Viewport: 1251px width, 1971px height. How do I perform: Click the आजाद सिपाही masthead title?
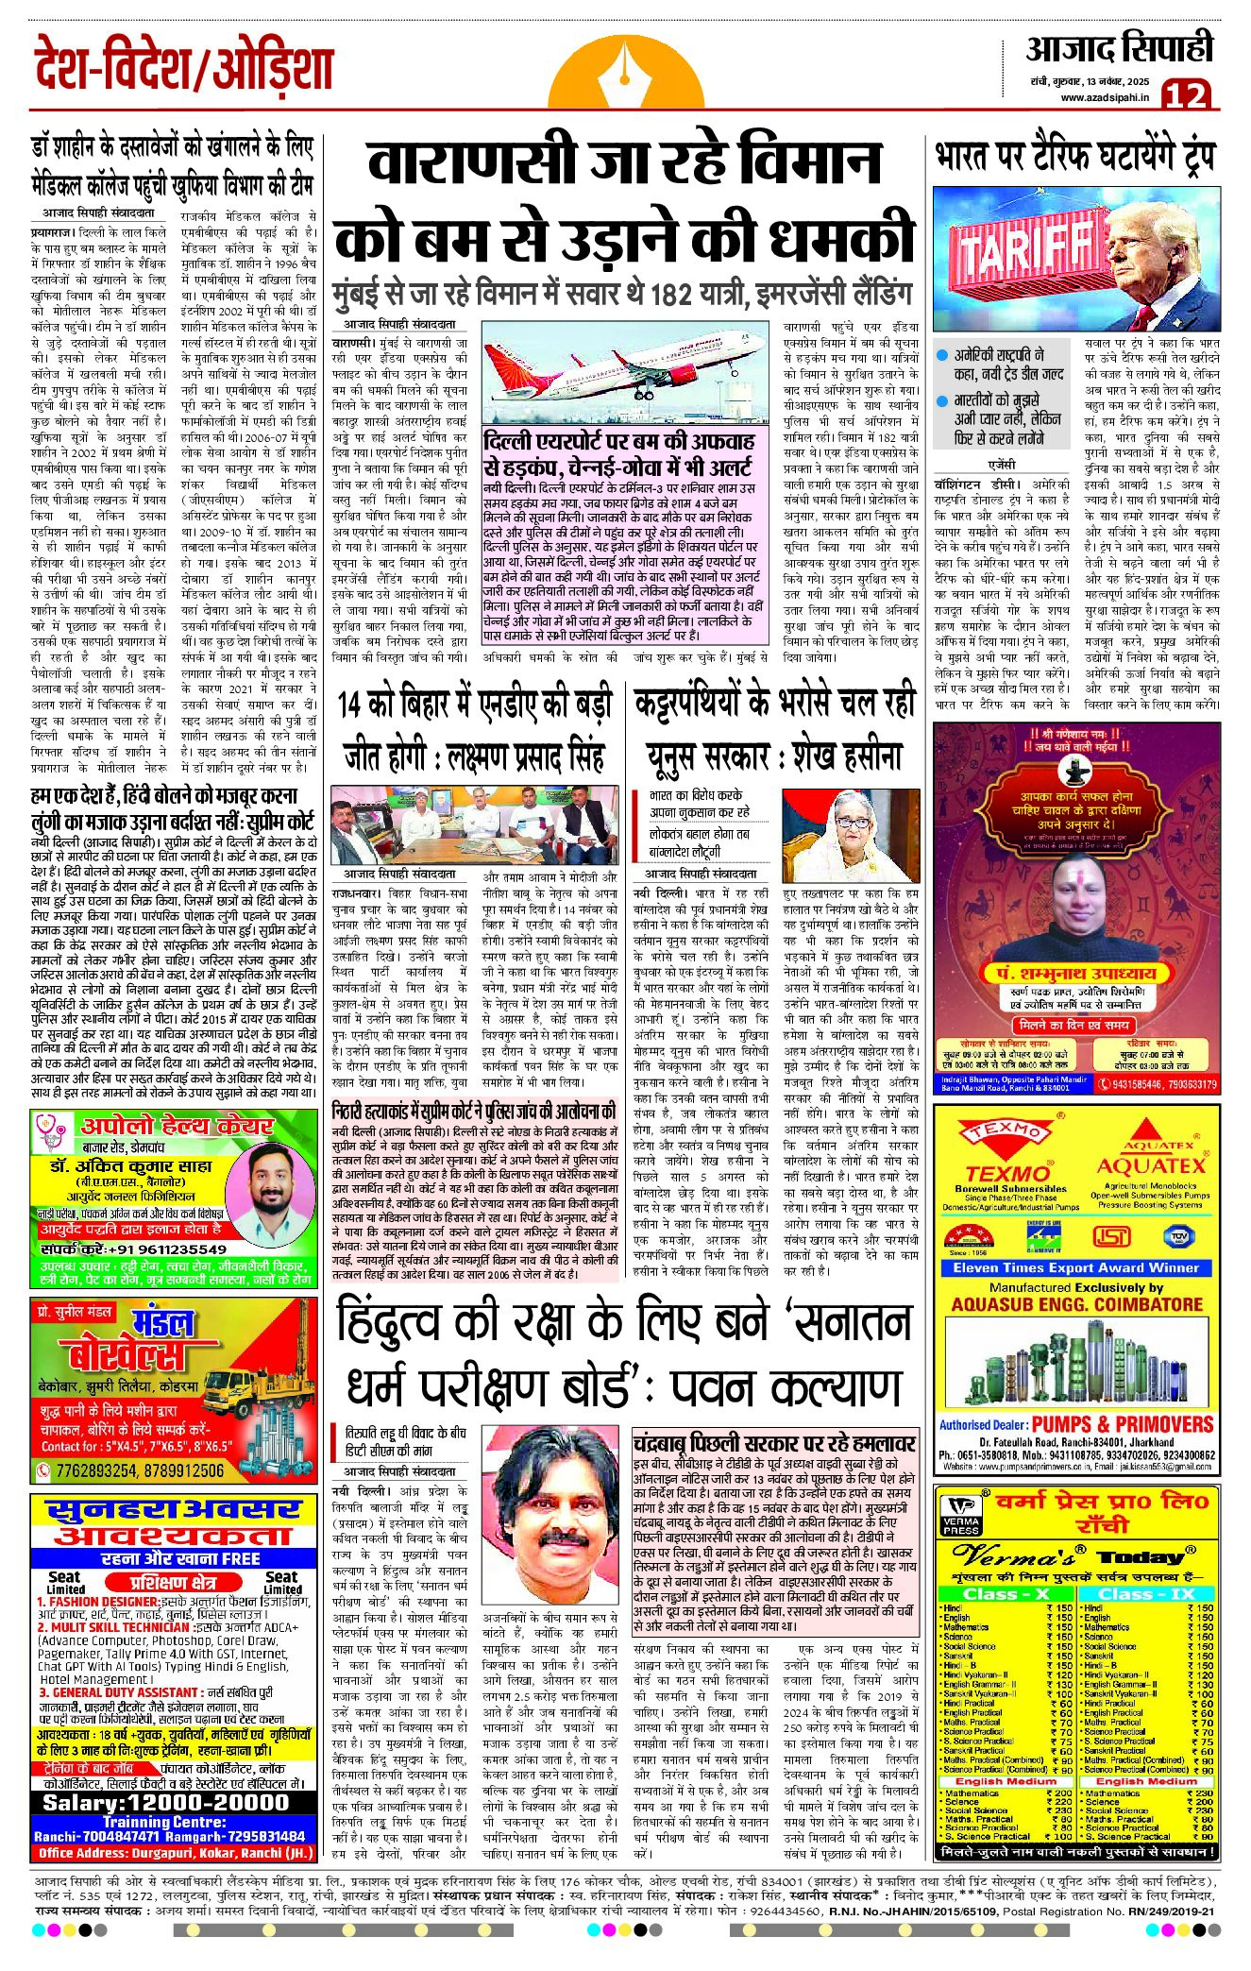click(x=1119, y=50)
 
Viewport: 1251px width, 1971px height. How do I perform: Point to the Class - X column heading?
click(x=1006, y=1594)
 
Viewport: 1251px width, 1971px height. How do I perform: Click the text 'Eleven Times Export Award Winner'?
click(x=1074, y=1267)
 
